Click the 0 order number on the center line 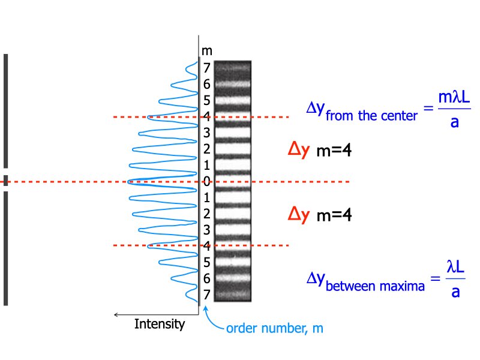tap(206, 181)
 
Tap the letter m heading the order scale tap(206, 50)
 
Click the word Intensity tap(159, 324)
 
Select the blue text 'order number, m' tap(275, 329)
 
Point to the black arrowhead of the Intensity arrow tap(116, 314)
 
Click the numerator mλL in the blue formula tap(454, 98)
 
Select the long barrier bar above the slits tap(5, 111)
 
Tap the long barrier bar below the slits tap(5, 249)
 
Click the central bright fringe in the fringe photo tap(232, 181)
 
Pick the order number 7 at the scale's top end tap(206, 68)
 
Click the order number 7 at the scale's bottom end tap(206, 295)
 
